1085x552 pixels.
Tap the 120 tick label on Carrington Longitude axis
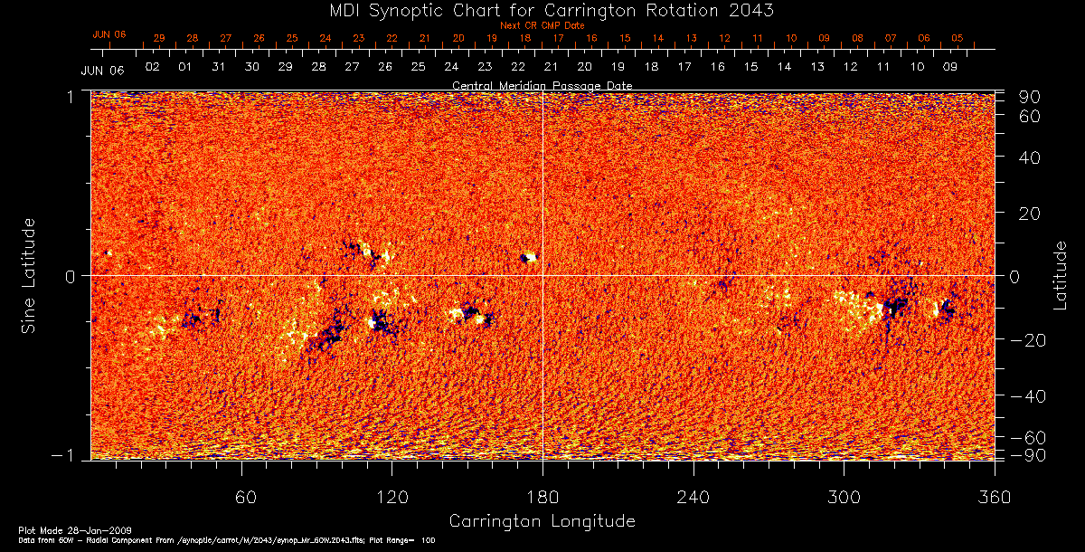(392, 499)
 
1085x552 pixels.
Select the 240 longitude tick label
(693, 499)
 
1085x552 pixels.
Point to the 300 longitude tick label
(844, 499)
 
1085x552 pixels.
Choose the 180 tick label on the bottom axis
(542, 499)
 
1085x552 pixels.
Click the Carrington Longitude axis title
(542, 521)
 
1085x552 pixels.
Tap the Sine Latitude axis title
(29, 275)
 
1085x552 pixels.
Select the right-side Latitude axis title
(1060, 275)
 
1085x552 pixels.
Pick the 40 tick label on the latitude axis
(1031, 157)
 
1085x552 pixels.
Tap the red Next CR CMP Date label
(542, 25)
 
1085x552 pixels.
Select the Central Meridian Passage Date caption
(542, 85)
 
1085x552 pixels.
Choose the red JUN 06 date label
(108, 34)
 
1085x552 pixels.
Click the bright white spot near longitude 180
(531, 258)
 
